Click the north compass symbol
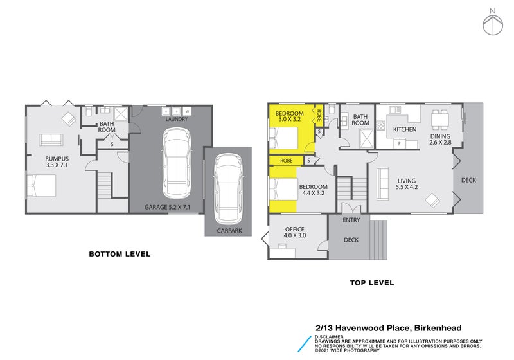click(492, 22)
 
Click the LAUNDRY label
click(176, 120)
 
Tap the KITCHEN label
click(405, 129)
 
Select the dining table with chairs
click(441, 119)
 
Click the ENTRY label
click(351, 221)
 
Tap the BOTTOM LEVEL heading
click(120, 254)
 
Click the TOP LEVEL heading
click(371, 283)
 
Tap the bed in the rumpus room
click(40, 186)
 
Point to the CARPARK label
click(228, 231)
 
